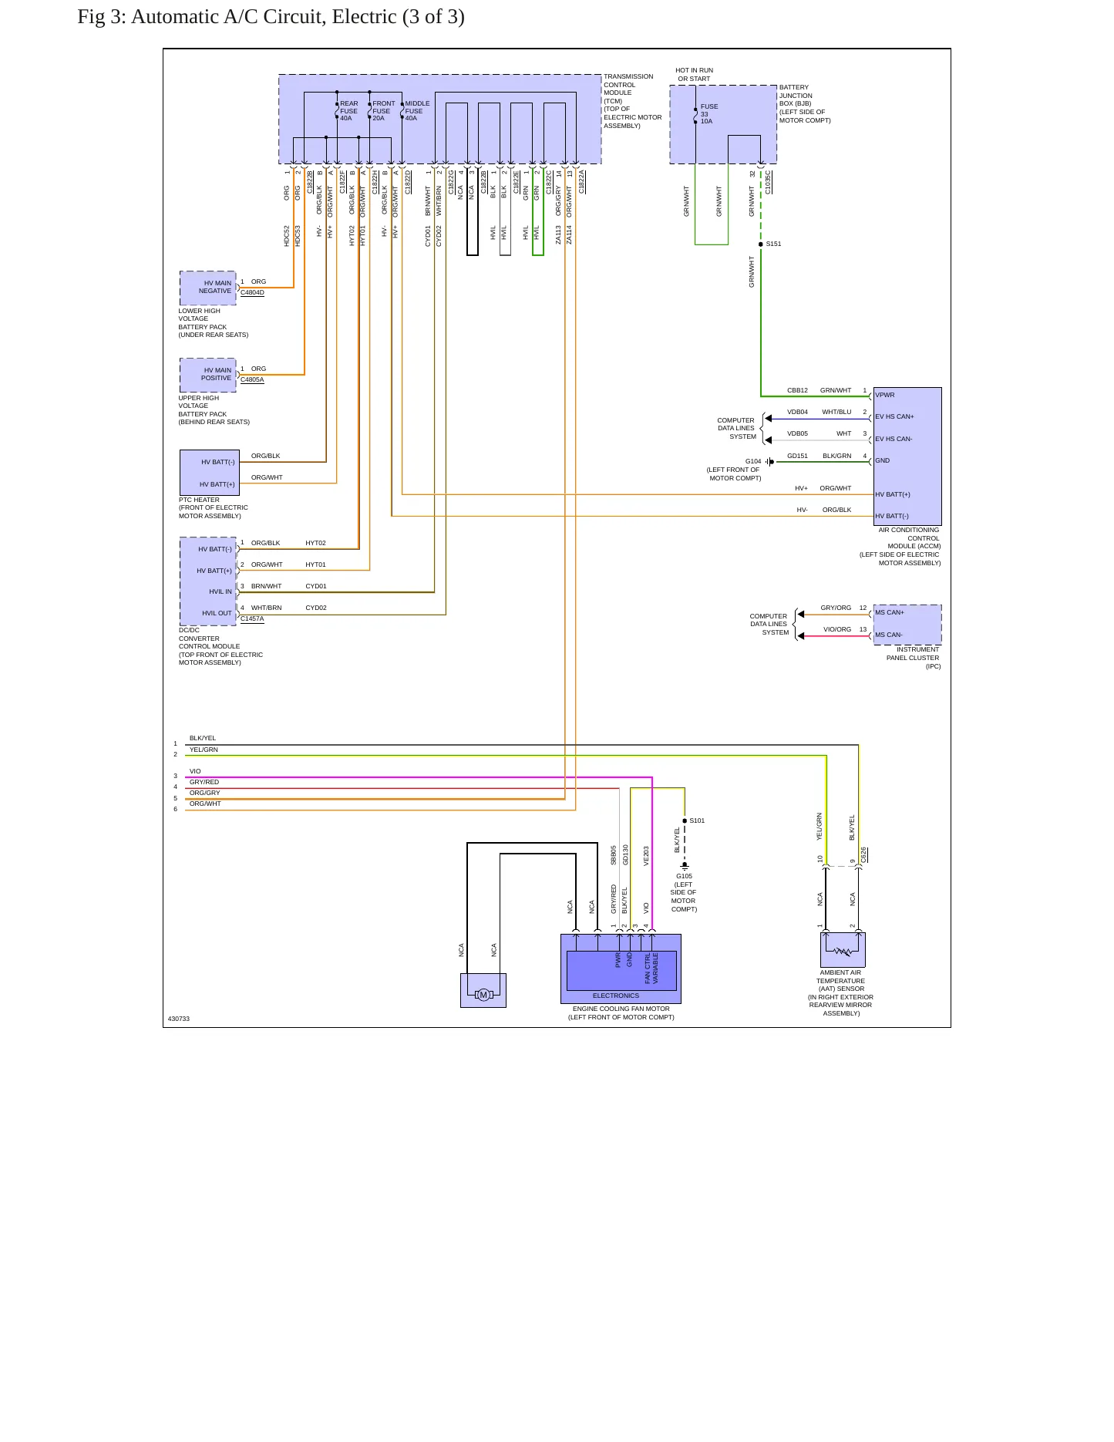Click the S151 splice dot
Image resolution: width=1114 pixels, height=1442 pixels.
(761, 244)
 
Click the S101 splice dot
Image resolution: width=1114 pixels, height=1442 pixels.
(685, 820)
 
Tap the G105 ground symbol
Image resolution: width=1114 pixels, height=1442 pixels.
(685, 866)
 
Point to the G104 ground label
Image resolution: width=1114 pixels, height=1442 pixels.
(753, 461)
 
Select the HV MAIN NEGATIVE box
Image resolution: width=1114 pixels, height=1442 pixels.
(208, 288)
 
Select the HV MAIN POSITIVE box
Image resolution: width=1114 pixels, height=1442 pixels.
(208, 376)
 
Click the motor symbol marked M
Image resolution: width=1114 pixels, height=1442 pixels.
(483, 995)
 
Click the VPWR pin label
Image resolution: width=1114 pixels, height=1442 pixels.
(885, 395)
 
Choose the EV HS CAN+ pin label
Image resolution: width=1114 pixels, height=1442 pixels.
(894, 416)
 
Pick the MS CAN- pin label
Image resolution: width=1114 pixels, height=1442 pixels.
(889, 635)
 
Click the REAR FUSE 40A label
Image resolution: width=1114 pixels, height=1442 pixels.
(349, 111)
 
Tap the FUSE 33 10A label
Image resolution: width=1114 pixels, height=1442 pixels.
(708, 114)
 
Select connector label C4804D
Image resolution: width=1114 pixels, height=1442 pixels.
(252, 293)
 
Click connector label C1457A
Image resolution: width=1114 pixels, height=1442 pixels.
(252, 618)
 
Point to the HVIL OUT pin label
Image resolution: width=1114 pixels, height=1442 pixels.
(217, 614)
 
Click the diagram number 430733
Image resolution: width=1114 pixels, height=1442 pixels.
(179, 1019)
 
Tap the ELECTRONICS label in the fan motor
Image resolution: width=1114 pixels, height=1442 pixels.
(616, 996)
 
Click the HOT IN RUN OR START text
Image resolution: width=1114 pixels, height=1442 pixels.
(695, 75)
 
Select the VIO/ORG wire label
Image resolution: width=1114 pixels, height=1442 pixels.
(837, 629)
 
